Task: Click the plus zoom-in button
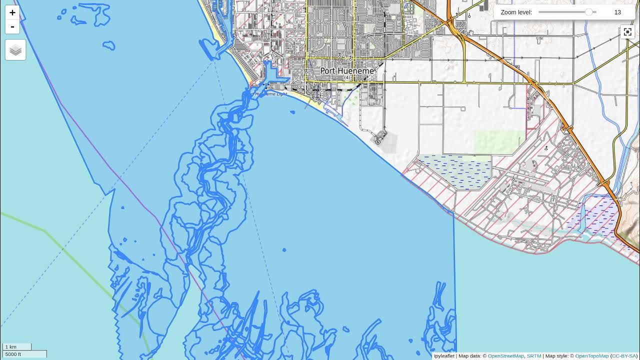[12, 12]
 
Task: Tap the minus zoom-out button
[12, 26]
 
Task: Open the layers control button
[15, 50]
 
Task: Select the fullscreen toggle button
[627, 32]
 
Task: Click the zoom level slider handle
[589, 12]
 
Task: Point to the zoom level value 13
[617, 12]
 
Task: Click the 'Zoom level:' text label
[516, 12]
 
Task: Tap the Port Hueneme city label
[347, 71]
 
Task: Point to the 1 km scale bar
[17, 346]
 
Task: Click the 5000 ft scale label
[13, 354]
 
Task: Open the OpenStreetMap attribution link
[505, 356]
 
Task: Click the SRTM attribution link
[534, 356]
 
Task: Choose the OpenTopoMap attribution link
[591, 356]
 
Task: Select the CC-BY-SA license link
[623, 356]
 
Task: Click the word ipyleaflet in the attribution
[444, 356]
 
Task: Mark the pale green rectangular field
[499, 142]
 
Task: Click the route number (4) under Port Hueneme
[347, 78]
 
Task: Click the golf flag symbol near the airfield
[546, 148]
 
